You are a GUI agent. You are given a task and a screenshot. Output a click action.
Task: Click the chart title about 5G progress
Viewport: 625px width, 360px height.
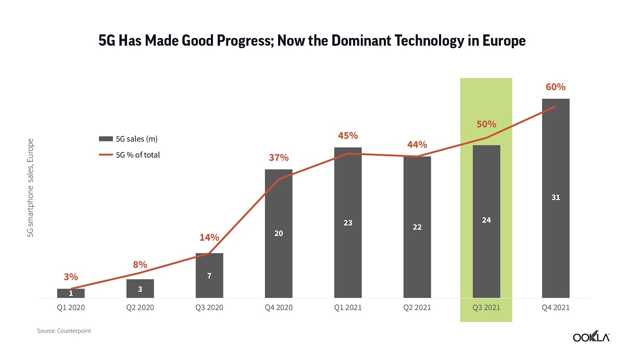point(312,41)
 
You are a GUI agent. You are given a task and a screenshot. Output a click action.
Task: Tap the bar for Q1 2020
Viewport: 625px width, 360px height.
point(71,293)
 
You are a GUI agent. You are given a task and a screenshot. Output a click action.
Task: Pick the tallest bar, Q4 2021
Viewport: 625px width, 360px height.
point(556,198)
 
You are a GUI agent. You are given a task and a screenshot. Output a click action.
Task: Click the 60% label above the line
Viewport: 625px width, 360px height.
point(556,87)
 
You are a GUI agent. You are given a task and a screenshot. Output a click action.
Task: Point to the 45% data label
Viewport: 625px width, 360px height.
point(348,135)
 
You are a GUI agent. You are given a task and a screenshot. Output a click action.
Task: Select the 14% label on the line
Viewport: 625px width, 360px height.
point(209,238)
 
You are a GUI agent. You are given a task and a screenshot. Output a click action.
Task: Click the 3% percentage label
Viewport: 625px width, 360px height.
point(71,277)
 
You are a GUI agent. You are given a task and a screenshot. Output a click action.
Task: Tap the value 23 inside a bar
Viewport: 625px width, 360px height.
point(348,223)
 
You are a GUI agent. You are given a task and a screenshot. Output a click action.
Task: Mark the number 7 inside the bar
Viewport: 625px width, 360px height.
point(209,276)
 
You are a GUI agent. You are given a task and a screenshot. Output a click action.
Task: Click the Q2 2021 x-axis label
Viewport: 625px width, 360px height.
point(417,307)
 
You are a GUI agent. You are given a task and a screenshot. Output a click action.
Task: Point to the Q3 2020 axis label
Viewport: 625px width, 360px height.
point(209,307)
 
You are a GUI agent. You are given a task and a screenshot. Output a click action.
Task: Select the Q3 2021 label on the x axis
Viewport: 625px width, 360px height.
point(486,307)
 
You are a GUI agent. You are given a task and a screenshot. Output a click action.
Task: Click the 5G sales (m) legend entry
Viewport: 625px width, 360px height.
point(129,139)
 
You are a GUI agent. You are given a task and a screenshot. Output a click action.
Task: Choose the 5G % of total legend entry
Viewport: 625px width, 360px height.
point(130,155)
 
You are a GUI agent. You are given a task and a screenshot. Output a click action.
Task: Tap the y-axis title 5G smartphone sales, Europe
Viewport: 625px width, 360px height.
point(31,188)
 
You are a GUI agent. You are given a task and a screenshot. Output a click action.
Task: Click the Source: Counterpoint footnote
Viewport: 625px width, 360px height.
point(64,331)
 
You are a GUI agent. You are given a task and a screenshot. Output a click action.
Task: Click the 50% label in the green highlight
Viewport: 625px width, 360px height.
point(486,124)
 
